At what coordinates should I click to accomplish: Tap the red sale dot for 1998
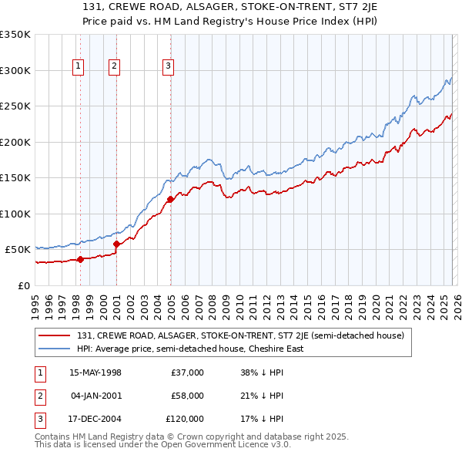(80, 259)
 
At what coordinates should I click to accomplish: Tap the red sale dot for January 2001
(116, 244)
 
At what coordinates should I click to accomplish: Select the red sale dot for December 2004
(170, 200)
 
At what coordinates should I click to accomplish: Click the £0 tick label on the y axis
(23, 285)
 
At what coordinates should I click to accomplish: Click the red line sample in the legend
(55, 335)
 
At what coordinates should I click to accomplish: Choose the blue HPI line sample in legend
(55, 349)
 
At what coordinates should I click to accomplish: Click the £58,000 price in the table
(187, 396)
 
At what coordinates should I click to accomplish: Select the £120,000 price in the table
(185, 419)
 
